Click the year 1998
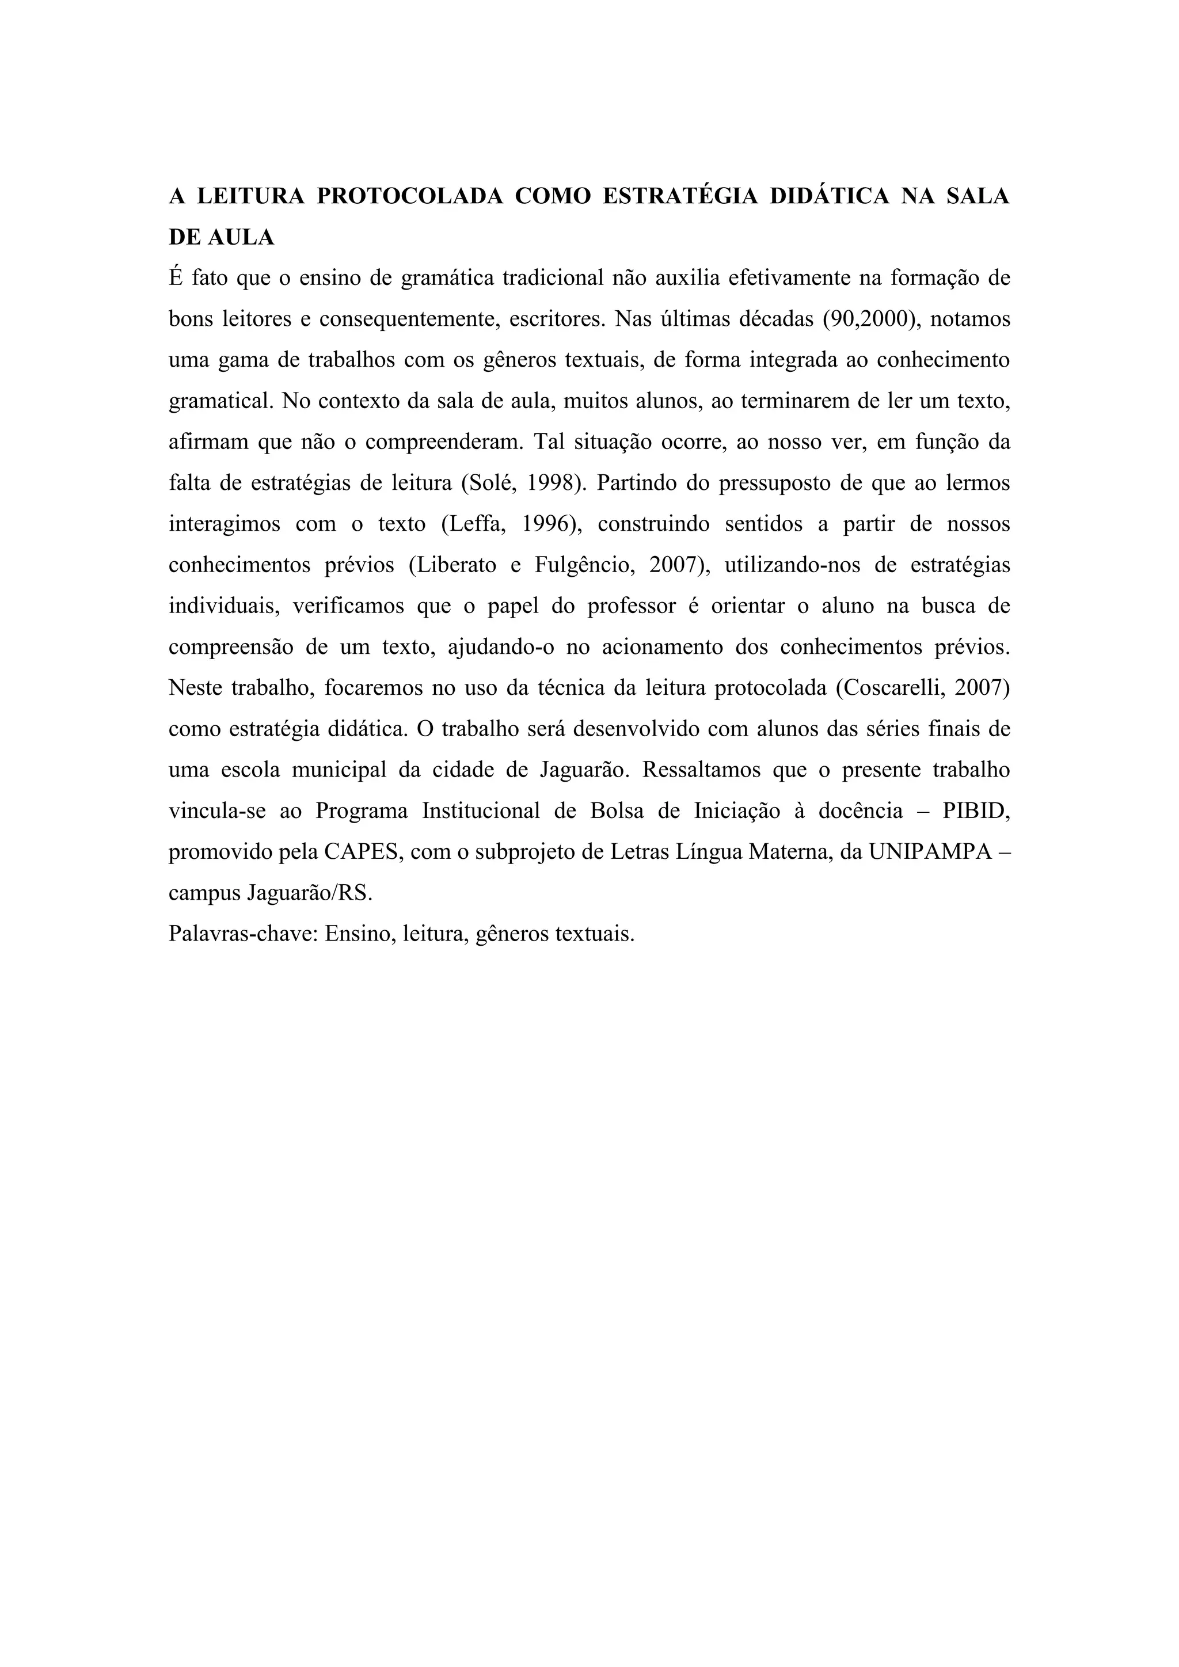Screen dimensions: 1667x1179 click(556, 483)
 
